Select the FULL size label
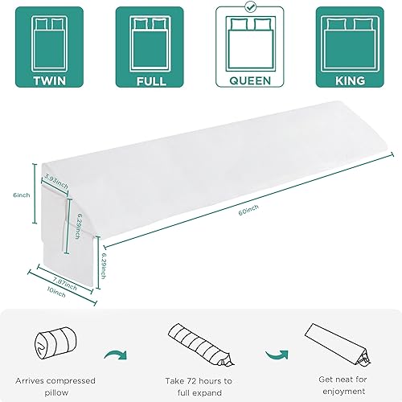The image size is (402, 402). tap(150, 81)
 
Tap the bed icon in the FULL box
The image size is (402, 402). tap(150, 38)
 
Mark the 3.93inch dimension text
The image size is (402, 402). tap(57, 179)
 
